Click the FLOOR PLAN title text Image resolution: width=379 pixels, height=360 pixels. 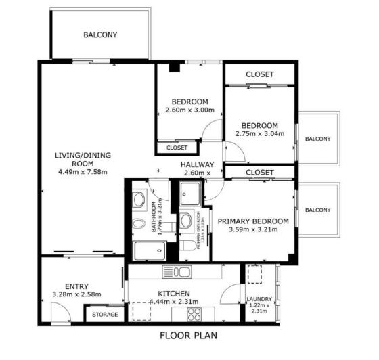[x=188, y=335]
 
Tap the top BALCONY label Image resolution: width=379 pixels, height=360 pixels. [x=100, y=35]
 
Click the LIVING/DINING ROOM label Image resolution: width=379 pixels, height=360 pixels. [x=83, y=159]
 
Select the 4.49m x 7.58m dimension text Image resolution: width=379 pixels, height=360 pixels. [x=83, y=173]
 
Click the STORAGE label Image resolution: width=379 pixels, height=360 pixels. [x=105, y=315]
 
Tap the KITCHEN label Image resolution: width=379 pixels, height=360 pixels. [x=173, y=293]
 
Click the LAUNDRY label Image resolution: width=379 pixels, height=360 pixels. [x=259, y=299]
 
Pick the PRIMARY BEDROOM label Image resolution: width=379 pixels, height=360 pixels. [x=253, y=221]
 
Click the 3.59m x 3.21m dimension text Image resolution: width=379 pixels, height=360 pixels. [x=253, y=231]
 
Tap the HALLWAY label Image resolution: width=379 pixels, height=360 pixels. [x=197, y=164]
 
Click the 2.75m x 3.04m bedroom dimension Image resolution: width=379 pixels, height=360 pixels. [x=260, y=134]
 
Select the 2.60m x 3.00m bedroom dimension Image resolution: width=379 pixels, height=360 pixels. [x=189, y=110]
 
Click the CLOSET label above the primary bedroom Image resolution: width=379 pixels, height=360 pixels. [x=260, y=173]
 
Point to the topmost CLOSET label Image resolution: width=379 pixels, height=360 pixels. [x=260, y=74]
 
